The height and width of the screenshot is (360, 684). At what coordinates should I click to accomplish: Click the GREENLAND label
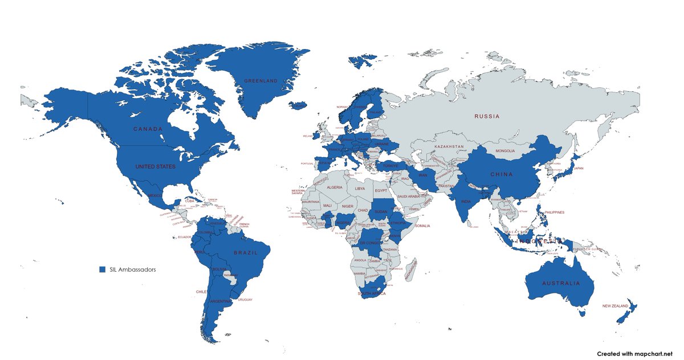(x=260, y=81)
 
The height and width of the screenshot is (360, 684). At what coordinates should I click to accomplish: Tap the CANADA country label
(x=148, y=129)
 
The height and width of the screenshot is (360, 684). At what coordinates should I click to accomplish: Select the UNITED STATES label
(x=155, y=167)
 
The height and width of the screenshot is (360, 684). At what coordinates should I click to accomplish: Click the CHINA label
(x=501, y=174)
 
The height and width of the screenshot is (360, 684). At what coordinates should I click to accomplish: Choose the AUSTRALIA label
(x=561, y=283)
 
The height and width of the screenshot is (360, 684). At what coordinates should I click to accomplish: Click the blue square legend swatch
(x=103, y=269)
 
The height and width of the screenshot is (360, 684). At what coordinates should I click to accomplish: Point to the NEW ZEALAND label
(x=615, y=306)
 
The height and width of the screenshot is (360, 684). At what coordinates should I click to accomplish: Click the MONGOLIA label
(x=504, y=151)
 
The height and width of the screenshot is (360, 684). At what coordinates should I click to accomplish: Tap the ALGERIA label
(x=334, y=187)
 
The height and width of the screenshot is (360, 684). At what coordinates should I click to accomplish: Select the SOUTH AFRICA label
(x=372, y=294)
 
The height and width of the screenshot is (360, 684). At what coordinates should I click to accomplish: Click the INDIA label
(x=466, y=201)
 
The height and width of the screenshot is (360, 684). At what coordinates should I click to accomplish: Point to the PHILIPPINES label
(x=554, y=212)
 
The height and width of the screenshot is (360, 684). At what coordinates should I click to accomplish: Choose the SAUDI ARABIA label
(x=409, y=197)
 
